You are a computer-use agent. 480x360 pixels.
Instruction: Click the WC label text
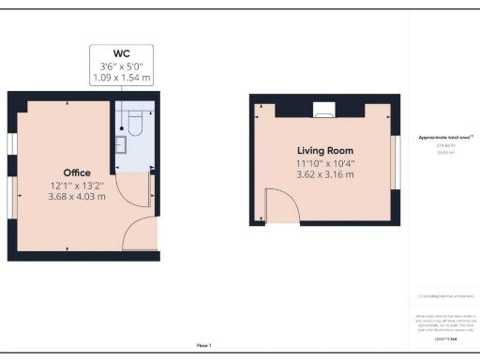click(122, 53)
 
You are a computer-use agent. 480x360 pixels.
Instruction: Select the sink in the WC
click(120, 144)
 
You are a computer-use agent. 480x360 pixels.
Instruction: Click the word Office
click(77, 172)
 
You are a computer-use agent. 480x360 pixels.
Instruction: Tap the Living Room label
click(325, 151)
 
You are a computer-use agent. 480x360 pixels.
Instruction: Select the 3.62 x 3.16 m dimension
click(325, 173)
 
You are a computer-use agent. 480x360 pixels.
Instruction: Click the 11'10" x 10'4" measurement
click(325, 162)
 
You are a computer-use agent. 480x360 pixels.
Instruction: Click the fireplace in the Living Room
click(324, 115)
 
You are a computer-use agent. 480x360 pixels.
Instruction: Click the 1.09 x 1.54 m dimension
click(122, 78)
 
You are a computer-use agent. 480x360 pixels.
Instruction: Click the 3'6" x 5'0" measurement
click(122, 66)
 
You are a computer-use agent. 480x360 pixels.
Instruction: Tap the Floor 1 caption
click(203, 345)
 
